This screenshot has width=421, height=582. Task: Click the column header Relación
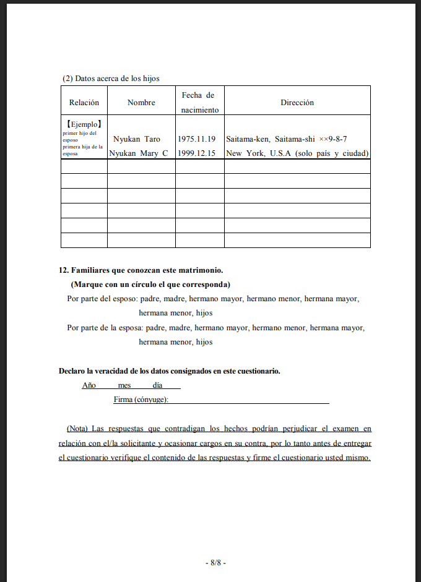click(x=84, y=103)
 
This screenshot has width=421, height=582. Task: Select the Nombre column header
click(x=141, y=103)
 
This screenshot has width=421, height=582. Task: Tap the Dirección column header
click(x=297, y=103)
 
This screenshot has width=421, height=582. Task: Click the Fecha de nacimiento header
click(x=199, y=103)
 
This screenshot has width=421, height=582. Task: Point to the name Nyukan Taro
click(x=137, y=139)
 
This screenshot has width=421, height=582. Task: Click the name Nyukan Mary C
click(x=138, y=153)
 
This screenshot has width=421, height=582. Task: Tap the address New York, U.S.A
click(x=297, y=153)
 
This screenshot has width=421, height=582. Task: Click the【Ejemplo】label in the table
click(x=84, y=124)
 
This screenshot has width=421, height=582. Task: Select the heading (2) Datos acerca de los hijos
click(x=111, y=79)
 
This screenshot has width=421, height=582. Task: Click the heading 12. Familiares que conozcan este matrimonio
click(x=141, y=270)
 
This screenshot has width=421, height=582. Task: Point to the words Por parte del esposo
click(x=102, y=299)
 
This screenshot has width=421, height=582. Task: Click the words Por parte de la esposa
click(x=105, y=327)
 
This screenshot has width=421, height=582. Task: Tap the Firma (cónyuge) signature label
click(x=141, y=400)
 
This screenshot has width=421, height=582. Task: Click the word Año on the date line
click(x=89, y=385)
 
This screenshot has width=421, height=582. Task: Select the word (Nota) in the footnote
click(x=77, y=428)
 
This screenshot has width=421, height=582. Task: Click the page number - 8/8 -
click(x=215, y=563)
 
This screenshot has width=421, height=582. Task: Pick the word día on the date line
click(x=157, y=385)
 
